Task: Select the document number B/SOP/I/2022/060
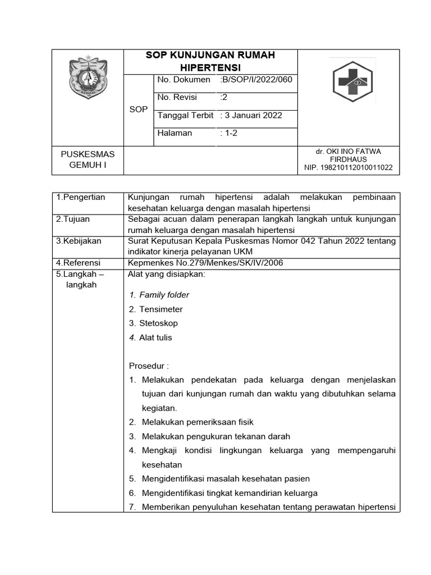(x=256, y=80)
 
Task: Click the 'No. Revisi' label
(x=177, y=97)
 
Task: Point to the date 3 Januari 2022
(x=251, y=115)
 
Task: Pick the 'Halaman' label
(x=175, y=133)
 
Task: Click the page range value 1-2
(x=231, y=133)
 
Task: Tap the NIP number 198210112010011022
(x=349, y=167)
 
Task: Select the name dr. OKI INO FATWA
(x=349, y=152)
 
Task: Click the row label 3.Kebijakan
(x=79, y=240)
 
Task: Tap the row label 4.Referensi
(x=78, y=262)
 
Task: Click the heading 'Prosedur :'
(x=149, y=366)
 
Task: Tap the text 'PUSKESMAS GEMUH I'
(x=87, y=159)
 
